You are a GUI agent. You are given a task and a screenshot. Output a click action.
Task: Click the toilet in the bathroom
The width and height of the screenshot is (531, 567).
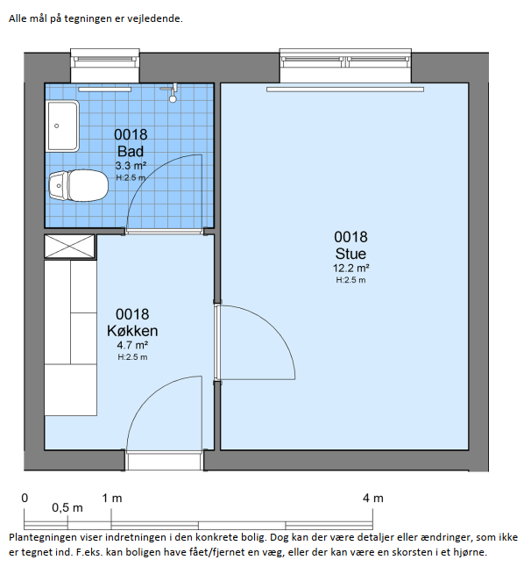click(78, 185)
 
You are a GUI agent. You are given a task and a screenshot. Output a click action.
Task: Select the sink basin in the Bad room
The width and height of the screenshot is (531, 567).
click(62, 126)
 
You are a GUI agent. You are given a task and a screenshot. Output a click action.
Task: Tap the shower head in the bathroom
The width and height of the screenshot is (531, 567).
click(173, 93)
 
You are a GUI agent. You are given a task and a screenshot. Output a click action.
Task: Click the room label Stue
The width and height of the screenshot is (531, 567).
click(350, 254)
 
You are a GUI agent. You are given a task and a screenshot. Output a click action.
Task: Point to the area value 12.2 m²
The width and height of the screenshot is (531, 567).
click(350, 269)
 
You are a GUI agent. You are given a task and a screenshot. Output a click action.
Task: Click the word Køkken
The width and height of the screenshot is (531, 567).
click(132, 331)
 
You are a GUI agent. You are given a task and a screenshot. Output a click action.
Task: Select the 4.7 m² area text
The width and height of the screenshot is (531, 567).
click(132, 345)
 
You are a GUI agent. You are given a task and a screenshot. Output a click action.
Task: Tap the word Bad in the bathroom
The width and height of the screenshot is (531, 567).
click(131, 151)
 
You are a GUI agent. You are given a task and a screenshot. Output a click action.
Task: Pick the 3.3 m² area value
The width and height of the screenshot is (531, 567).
click(131, 166)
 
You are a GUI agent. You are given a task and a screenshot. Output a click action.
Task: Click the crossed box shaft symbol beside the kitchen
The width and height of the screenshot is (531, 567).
click(70, 247)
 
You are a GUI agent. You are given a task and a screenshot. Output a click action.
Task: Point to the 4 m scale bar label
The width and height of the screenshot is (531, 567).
click(373, 499)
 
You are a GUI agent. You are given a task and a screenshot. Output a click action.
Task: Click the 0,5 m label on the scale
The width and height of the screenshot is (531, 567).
click(67, 507)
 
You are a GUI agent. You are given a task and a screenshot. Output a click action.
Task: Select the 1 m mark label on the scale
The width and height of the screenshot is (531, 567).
click(112, 499)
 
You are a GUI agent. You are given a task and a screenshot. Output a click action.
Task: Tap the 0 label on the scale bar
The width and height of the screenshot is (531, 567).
click(25, 499)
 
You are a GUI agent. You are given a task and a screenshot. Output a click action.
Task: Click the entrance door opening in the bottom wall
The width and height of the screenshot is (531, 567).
click(164, 460)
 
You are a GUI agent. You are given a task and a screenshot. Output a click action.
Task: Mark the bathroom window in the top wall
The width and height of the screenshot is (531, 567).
click(105, 66)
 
